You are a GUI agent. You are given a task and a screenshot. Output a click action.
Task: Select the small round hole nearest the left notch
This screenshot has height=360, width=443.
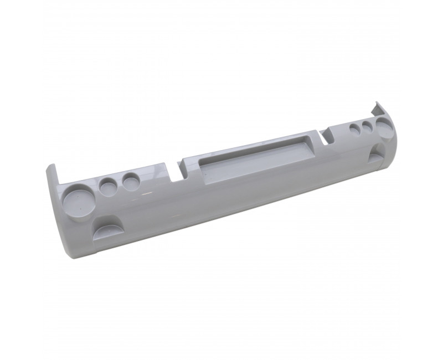tap(132, 181)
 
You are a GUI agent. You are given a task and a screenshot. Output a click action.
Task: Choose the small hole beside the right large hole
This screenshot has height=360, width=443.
tap(368, 128)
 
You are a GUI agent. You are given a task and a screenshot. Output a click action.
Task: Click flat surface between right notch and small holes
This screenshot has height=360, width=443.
tap(338, 135)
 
